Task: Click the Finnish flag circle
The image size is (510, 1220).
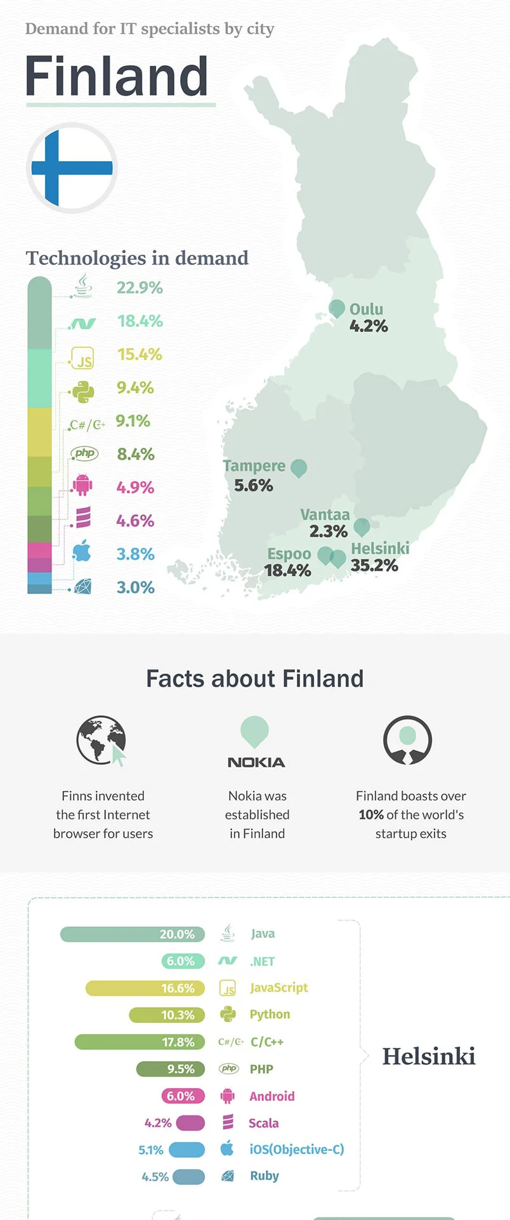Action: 72,168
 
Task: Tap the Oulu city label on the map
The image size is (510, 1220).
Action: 366,309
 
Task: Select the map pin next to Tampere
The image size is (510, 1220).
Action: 299,468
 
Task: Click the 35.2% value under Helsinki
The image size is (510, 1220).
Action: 374,566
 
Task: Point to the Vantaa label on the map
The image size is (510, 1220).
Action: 325,514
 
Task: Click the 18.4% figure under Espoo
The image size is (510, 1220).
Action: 287,571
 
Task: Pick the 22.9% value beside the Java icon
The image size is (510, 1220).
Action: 140,288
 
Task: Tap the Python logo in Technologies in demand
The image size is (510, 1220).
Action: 83,392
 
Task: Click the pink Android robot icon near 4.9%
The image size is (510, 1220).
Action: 82,486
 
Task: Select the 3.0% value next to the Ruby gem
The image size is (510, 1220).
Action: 135,587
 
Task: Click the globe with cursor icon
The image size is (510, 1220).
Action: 101,741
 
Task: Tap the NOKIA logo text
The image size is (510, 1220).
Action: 256,762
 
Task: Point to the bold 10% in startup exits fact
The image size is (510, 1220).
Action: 371,815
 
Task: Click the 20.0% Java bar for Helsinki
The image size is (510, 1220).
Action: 132,934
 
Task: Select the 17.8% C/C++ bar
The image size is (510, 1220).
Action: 140,1042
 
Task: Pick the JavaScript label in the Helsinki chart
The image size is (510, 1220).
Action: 278,987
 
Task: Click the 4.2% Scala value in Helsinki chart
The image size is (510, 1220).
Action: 158,1123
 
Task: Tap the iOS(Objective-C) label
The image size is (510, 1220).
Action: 296,1149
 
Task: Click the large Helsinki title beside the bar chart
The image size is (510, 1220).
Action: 429,1056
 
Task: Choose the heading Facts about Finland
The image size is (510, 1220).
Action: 255,678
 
